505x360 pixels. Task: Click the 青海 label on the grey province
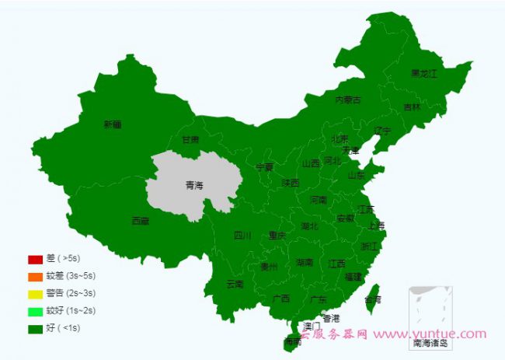pos(193,185)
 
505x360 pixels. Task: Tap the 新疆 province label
pos(112,124)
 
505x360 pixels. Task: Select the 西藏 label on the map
pos(140,221)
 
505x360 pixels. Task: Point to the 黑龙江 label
pos(424,74)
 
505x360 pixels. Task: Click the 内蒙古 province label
pos(347,100)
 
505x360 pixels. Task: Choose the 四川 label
pos(242,236)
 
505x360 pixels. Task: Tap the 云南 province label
pos(234,284)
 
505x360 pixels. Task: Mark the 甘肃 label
pos(190,140)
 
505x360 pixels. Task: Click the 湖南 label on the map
pos(305,263)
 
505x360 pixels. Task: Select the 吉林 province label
pos(412,107)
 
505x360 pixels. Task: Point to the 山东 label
pos(356,176)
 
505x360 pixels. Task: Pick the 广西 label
pos(280,298)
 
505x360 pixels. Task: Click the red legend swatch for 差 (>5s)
pos(35,259)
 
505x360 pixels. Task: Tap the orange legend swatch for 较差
pos(35,276)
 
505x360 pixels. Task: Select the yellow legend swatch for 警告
pos(35,294)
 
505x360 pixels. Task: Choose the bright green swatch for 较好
pos(35,311)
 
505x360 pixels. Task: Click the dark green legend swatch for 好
pos(35,328)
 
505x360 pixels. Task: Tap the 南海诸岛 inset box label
pos(430,342)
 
